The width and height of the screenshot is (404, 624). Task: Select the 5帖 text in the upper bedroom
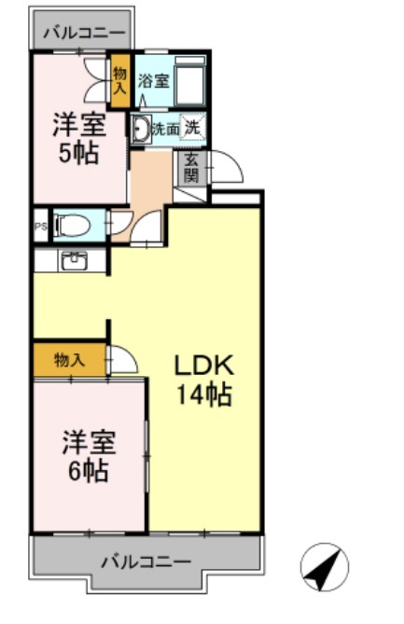pyautogui.click(x=78, y=153)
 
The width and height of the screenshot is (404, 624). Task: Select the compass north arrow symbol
pyautogui.click(x=324, y=568)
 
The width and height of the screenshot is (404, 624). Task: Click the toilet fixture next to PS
pyautogui.click(x=70, y=226)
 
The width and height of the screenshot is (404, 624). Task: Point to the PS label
pyautogui.click(x=40, y=226)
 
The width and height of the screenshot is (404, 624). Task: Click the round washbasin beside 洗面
pyautogui.click(x=141, y=130)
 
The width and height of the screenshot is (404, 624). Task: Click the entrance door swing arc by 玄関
pyautogui.click(x=227, y=166)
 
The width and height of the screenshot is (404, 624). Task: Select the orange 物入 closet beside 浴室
pyautogui.click(x=119, y=78)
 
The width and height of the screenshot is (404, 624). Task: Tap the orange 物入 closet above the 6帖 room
pyautogui.click(x=69, y=360)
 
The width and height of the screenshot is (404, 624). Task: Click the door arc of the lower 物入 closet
pyautogui.click(x=123, y=360)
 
